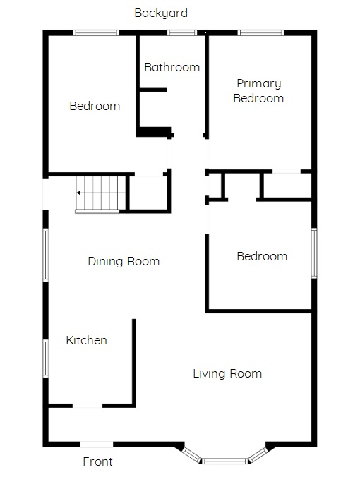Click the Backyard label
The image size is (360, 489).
click(x=161, y=13)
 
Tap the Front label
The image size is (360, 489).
click(x=97, y=461)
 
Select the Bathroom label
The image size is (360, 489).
click(x=172, y=67)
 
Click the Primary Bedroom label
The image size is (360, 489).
click(x=258, y=91)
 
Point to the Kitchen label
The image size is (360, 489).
click(x=86, y=340)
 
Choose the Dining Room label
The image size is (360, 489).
click(x=124, y=261)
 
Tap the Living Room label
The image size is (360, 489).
click(x=227, y=373)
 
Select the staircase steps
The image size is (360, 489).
click(x=100, y=193)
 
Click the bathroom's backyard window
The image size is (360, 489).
click(x=182, y=32)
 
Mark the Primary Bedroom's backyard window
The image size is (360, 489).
click(x=260, y=32)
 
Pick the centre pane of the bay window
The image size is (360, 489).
click(x=225, y=461)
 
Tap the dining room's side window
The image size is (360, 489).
click(x=46, y=255)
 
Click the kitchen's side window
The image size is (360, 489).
click(x=46, y=358)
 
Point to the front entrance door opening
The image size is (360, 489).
click(x=97, y=445)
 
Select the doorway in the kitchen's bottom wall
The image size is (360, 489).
click(x=88, y=406)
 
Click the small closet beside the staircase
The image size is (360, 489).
click(x=148, y=193)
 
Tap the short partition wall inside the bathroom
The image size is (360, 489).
click(x=153, y=90)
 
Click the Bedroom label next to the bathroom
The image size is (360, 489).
click(x=95, y=106)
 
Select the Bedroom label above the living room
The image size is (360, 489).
click(x=262, y=256)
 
